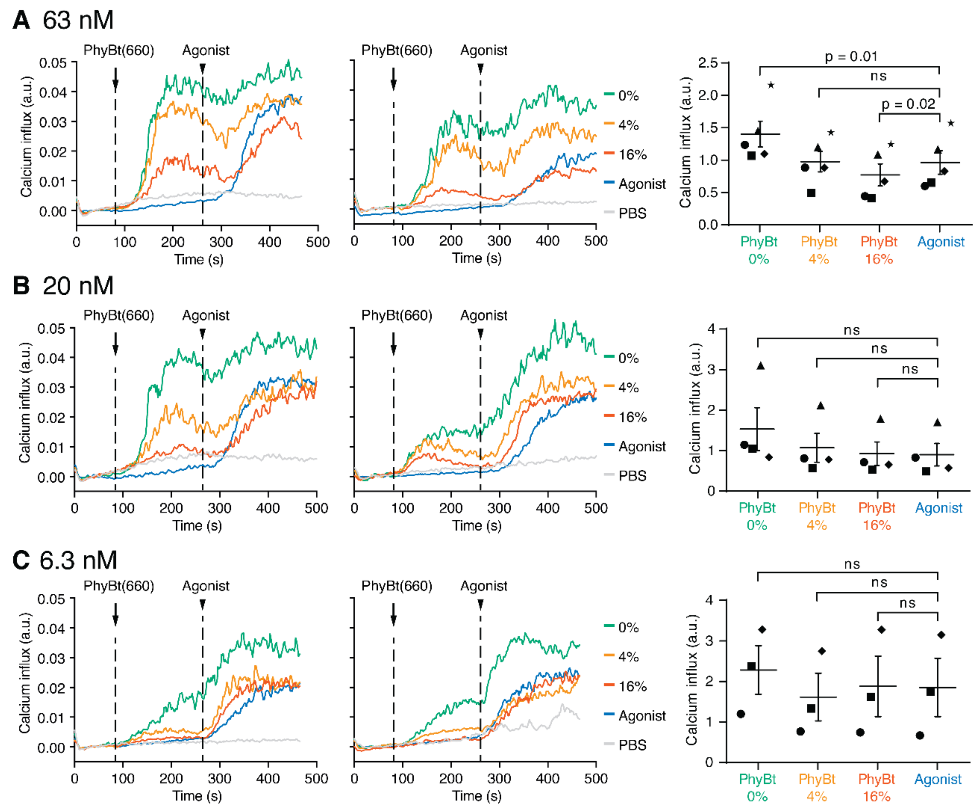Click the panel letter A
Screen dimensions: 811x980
(x=21, y=21)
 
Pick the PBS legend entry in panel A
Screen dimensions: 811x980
(x=632, y=213)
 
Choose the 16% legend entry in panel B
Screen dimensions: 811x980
(x=632, y=417)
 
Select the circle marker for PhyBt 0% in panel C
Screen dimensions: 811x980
(x=741, y=714)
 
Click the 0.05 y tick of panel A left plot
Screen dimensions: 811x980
(x=52, y=63)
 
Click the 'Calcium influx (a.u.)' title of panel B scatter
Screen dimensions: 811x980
(x=695, y=409)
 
